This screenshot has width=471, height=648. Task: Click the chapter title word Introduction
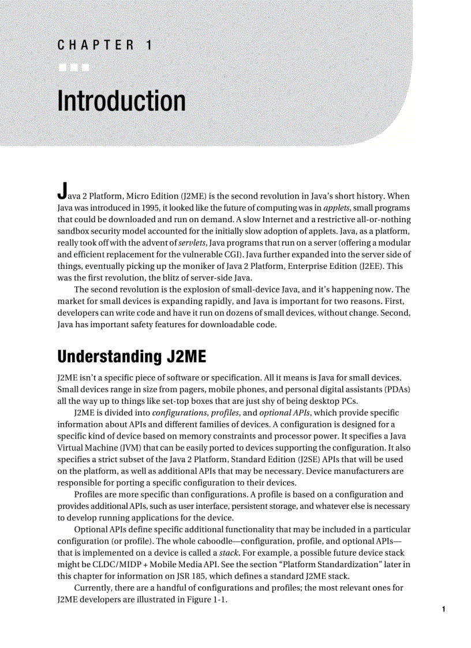pyautogui.click(x=121, y=101)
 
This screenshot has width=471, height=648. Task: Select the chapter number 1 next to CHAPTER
pyautogui.click(x=149, y=46)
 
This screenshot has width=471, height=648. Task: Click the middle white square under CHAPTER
pyautogui.click(x=74, y=69)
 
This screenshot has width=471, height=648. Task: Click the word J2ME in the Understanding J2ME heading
pyautogui.click(x=186, y=357)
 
